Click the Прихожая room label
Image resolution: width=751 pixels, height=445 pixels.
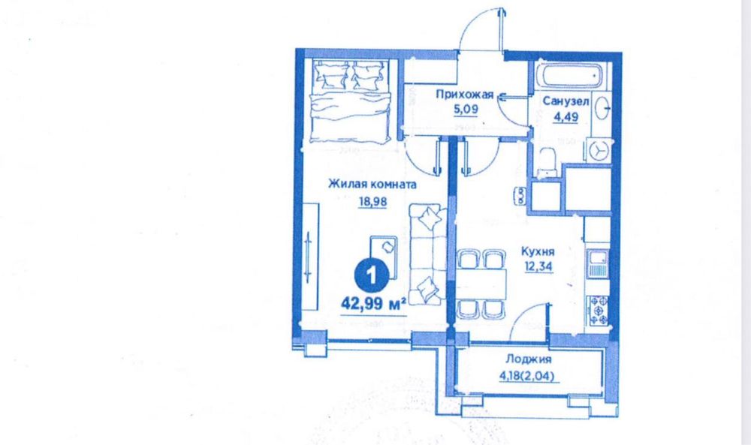pos(464,94)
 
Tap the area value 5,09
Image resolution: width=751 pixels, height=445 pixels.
pos(465,108)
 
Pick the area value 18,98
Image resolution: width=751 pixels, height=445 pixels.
pos(372,200)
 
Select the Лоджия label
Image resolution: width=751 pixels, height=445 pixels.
pos(529,359)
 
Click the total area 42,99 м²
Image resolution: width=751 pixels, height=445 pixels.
pos(372,303)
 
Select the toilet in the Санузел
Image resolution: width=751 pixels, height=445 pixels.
pos(547,161)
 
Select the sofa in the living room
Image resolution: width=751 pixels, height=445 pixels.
pos(425,251)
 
